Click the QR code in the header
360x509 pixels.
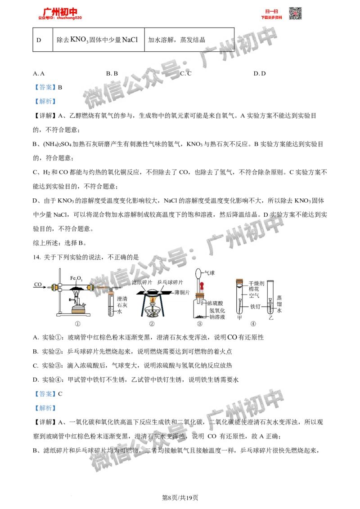pos(295,13)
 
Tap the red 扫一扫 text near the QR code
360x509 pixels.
pos(271,11)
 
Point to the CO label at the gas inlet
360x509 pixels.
pos(38,284)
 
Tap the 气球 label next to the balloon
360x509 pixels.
pos(210,272)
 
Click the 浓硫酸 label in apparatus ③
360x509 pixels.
pos(216,304)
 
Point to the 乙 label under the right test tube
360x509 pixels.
pos(270,317)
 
